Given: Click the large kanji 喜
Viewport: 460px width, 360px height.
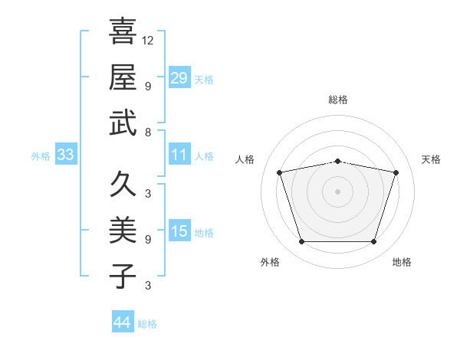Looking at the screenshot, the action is point(123,31).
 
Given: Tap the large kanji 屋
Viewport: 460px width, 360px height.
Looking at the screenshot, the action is point(123,77).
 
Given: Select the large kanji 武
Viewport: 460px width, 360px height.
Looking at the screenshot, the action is point(123,123).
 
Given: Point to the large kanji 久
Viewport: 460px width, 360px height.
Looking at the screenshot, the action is point(123,184).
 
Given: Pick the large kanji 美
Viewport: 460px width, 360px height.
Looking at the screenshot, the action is point(123,230).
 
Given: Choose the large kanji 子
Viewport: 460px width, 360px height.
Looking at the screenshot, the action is point(123,276).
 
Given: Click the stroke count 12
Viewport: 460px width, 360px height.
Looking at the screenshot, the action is point(147,41).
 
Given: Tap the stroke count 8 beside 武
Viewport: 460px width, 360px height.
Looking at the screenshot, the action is point(148,133).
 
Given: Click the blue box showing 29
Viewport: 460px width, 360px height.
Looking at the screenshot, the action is point(179,77).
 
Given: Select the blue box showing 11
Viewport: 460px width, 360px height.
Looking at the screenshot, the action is point(179,154).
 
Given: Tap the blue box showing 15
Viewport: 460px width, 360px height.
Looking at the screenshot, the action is point(179,230).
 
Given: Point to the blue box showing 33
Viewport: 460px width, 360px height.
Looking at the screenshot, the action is point(66,154).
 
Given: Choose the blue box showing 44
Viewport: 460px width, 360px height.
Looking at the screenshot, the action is point(123,321).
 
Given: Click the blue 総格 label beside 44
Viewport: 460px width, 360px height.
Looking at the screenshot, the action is point(147,324).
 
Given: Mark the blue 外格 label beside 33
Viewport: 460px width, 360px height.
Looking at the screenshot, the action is point(41,156).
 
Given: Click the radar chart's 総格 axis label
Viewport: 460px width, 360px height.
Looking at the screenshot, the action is point(338,100).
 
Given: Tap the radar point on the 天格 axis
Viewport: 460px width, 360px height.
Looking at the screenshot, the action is point(396,172).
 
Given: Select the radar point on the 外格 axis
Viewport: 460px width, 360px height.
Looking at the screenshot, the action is point(302,241).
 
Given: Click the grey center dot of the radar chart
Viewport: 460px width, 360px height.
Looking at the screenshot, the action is point(337,191).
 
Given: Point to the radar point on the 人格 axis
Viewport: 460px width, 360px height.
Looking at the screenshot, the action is point(280,172).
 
